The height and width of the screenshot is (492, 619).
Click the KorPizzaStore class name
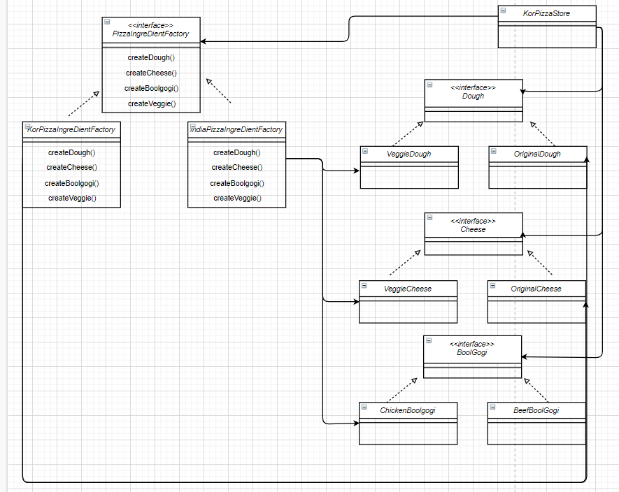(546, 13)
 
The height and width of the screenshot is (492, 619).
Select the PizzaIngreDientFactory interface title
(150, 34)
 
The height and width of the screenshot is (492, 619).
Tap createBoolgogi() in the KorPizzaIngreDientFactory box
(71, 183)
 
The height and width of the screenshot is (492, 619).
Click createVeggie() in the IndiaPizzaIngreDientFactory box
(236, 198)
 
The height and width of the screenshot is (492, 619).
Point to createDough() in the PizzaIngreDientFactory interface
(151, 57)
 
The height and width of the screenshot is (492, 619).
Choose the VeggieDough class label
(408, 154)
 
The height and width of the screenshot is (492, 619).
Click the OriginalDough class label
(537, 154)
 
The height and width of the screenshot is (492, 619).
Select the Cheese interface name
(473, 229)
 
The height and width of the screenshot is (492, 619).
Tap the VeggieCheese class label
(408, 289)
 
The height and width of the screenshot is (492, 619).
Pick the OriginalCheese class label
(536, 289)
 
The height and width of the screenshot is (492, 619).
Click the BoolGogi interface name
(472, 352)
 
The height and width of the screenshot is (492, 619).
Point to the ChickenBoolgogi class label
(408, 410)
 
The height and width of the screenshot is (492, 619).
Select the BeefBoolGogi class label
(536, 410)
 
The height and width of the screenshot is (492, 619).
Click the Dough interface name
(473, 96)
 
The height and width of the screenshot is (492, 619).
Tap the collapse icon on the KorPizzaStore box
(503, 10)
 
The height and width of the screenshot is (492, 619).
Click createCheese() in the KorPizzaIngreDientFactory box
(71, 168)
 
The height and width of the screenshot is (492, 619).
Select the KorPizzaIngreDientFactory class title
(71, 129)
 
